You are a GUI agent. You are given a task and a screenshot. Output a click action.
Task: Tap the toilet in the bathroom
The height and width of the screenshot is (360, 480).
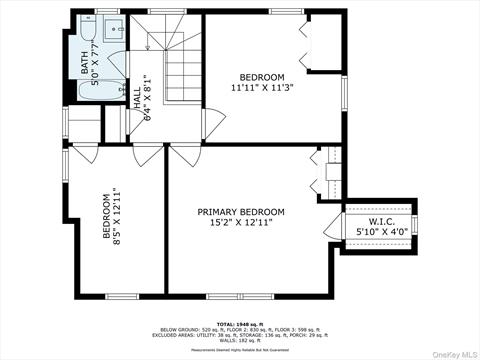tap(115, 58)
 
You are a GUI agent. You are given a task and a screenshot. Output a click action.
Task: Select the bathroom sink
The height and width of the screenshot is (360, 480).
tap(112, 27)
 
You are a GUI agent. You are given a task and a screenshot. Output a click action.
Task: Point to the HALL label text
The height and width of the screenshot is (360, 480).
tap(136, 96)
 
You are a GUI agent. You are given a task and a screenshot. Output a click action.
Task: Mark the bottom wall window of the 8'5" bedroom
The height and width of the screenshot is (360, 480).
tap(122, 295)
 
